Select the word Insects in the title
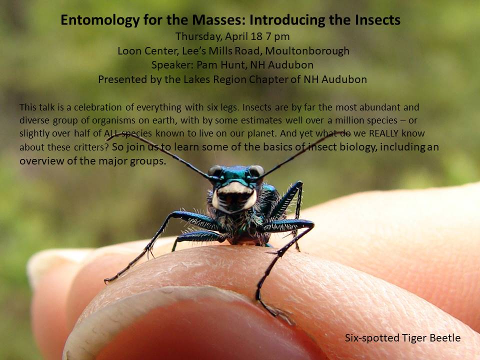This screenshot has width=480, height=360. tap(377, 20)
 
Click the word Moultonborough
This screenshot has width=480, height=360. tap(307, 51)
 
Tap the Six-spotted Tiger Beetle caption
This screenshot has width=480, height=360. tap(402, 338)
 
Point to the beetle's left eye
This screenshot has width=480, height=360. tap(256, 170)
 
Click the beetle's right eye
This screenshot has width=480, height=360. tap(215, 170)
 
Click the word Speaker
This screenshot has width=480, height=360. tap(172, 65)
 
